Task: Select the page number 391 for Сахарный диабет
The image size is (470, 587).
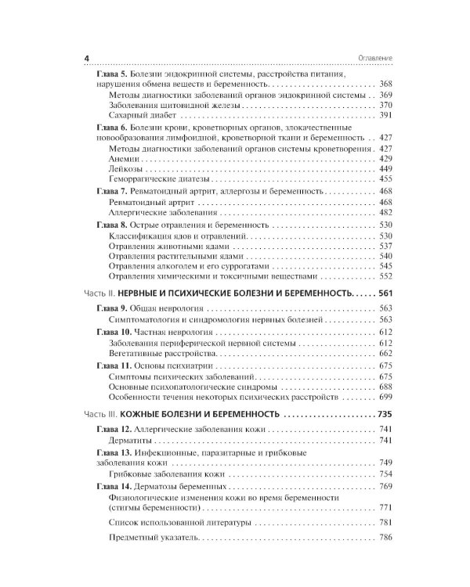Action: point(382,114)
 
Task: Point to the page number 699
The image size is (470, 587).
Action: point(382,398)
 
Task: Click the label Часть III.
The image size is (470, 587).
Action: point(99,415)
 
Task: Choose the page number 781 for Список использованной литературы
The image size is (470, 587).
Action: point(382,522)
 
